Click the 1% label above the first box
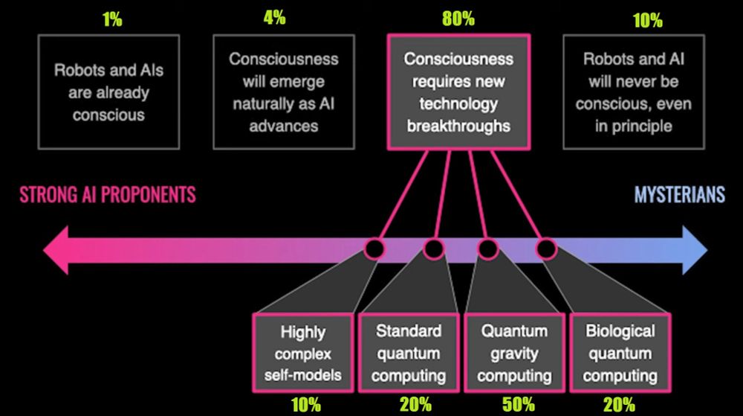pos(112,19)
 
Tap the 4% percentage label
pos(274,17)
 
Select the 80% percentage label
pos(458,19)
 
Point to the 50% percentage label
pos(518,404)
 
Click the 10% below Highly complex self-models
pos(305,404)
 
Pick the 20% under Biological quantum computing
pos(619,404)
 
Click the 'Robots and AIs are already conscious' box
pos(108,92)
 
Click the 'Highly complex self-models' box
pos(303,353)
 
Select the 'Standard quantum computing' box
pos(409,353)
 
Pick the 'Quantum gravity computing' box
pos(514,353)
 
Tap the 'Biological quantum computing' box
pos(620,353)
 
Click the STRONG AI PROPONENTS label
pos(108,195)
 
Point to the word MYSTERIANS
pos(679,195)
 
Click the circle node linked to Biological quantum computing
pos(546,247)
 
